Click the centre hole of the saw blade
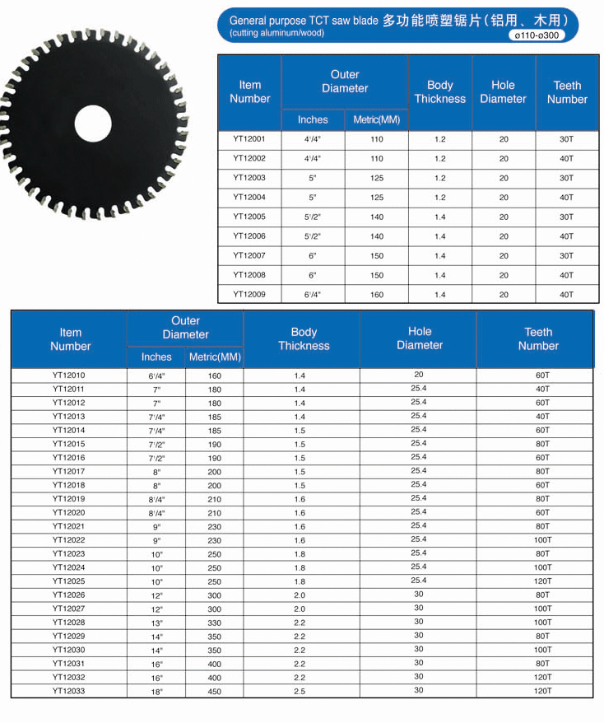[x=92, y=124]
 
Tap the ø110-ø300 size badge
[x=536, y=35]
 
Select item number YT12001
[x=249, y=139]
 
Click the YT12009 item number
[x=249, y=295]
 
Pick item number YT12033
[x=68, y=691]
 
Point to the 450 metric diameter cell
[x=215, y=692]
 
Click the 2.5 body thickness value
[x=300, y=692]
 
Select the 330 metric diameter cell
[x=215, y=623]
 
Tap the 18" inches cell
[x=156, y=692]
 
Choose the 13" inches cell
[x=156, y=623]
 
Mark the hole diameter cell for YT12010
[x=419, y=375]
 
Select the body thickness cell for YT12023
[x=300, y=554]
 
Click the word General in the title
[x=249, y=21]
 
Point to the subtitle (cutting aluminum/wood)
[x=276, y=33]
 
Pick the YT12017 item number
[x=68, y=472]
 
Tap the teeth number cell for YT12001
[x=566, y=139]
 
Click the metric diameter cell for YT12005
[x=376, y=217]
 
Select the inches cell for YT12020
[x=156, y=513]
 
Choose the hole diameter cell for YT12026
[x=419, y=595]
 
